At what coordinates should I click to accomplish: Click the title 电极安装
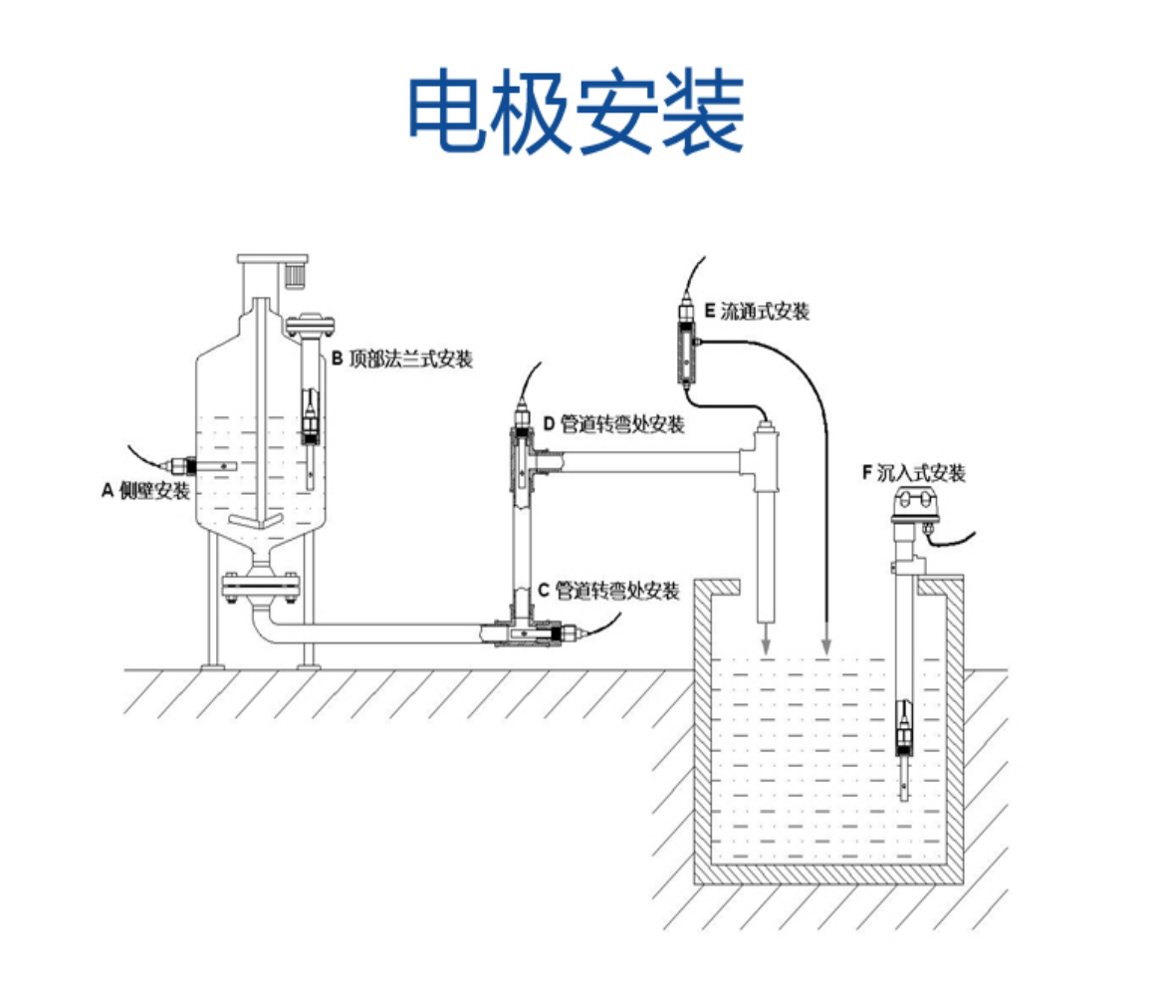tap(577, 113)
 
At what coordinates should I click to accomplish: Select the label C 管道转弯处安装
tap(608, 591)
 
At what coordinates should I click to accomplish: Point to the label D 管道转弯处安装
tap(613, 425)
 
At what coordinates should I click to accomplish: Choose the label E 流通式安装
tap(757, 312)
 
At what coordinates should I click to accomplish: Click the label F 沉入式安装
tap(913, 473)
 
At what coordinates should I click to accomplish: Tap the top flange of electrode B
tap(312, 324)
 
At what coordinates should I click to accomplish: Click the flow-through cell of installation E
tap(686, 344)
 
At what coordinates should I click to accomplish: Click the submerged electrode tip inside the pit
tap(903, 787)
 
